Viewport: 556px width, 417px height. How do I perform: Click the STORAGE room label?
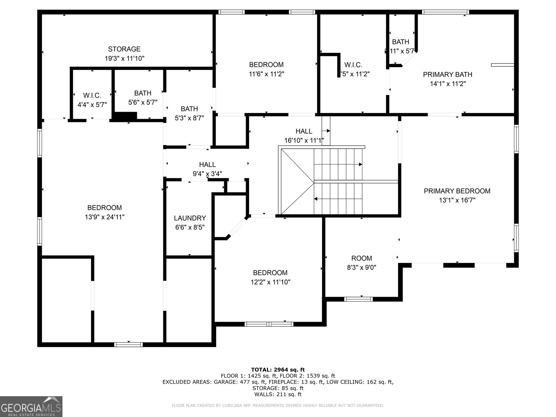tap(124, 49)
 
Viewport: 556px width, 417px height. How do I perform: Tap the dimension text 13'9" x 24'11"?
tap(105, 217)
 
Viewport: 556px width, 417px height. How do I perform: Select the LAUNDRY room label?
tap(190, 218)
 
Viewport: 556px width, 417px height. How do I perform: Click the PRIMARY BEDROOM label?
tap(457, 191)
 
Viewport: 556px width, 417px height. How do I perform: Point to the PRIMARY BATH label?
tap(448, 74)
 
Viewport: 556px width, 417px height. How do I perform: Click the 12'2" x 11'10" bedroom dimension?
tap(270, 282)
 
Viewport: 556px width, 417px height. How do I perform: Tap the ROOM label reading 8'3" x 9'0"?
tap(361, 258)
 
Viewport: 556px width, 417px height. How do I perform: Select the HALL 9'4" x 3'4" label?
tap(207, 165)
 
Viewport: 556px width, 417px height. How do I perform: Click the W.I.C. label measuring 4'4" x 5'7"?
tap(92, 96)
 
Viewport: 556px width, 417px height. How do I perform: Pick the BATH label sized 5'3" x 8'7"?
tap(189, 109)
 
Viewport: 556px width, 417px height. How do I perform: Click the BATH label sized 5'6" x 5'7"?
tap(143, 93)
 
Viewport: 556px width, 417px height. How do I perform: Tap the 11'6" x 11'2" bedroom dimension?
tap(266, 74)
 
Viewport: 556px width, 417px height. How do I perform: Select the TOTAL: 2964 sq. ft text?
tap(278, 370)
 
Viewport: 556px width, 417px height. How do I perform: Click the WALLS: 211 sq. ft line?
tap(278, 394)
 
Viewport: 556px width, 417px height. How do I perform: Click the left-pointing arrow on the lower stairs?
tap(316, 199)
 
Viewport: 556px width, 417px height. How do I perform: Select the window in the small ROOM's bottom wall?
tap(359, 299)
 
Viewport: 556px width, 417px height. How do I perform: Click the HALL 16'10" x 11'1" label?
tap(304, 131)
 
